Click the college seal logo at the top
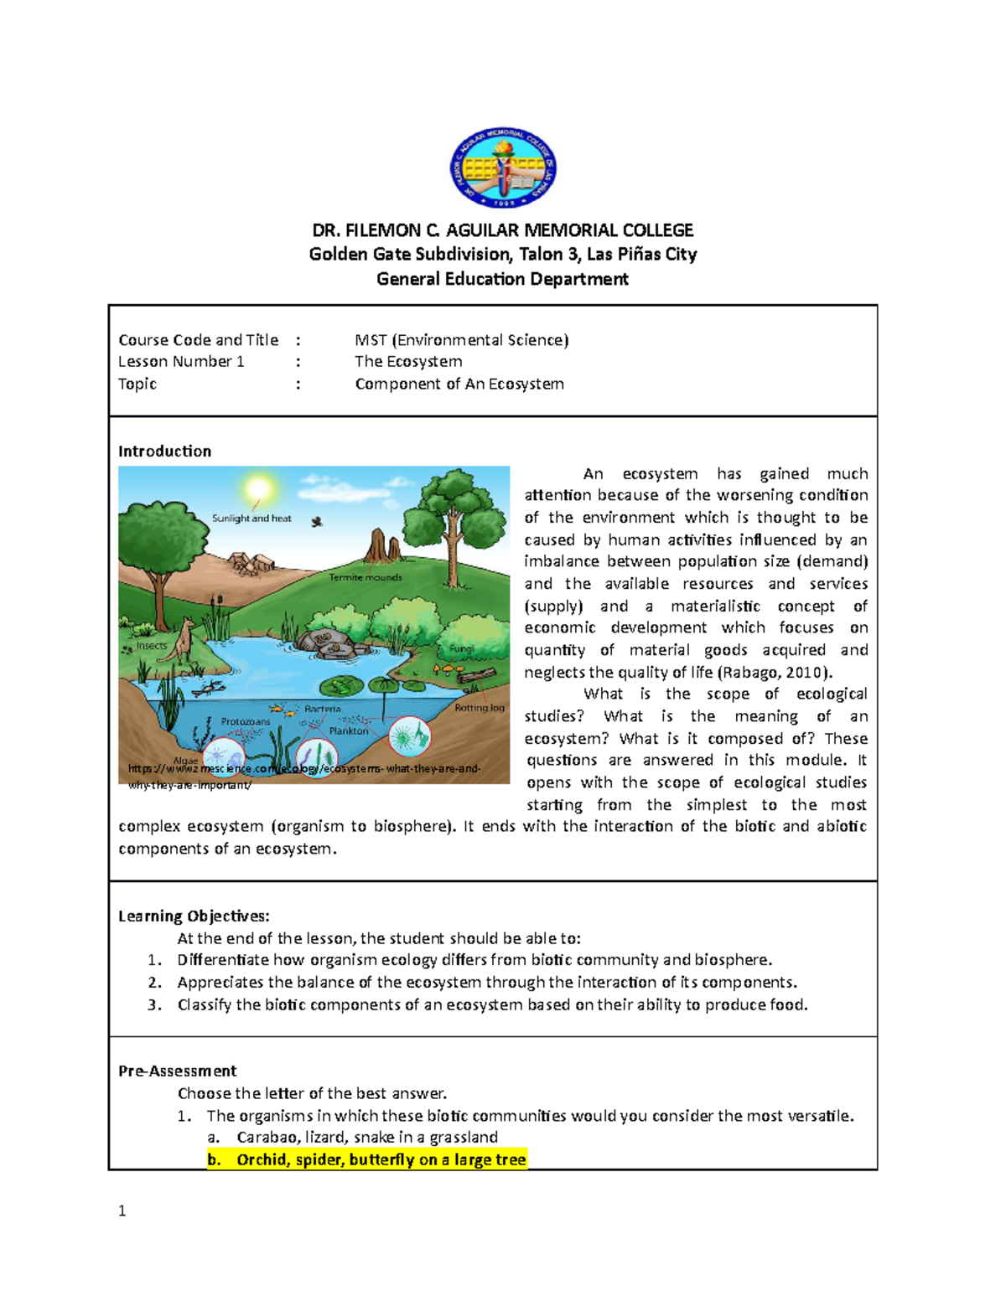pos(503,168)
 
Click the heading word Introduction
pos(164,451)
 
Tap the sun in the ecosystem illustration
pos(259,488)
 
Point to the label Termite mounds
pos(366,577)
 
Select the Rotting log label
pos(480,708)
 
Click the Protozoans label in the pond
pos(246,721)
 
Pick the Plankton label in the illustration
pos(349,731)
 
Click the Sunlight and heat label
pos(251,519)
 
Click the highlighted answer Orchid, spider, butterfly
pos(367,1159)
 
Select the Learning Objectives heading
pos(194,916)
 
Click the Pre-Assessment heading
pos(177,1071)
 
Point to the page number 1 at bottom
pos(122,1211)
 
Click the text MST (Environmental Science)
pos(461,339)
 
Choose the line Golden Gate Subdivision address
pos(503,254)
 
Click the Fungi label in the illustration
pos(461,649)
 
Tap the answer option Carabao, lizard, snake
pos(367,1137)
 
